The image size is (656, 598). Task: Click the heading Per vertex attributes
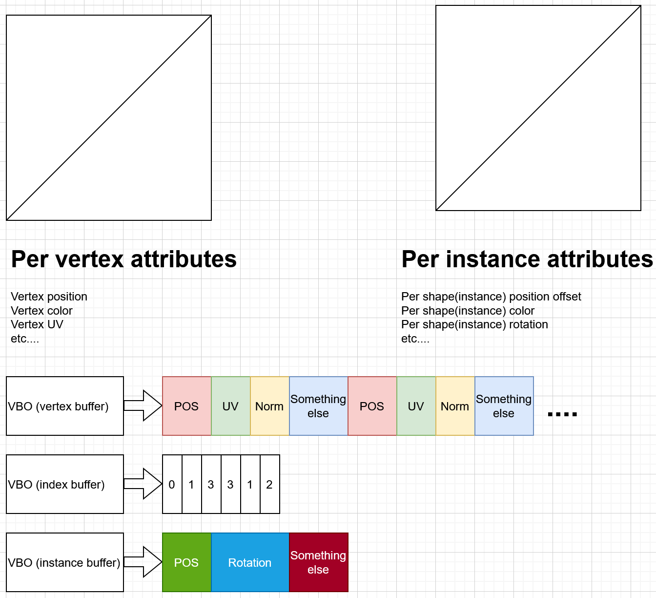[x=123, y=259]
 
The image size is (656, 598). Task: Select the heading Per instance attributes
[x=527, y=259]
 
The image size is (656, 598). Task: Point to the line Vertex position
[x=49, y=297]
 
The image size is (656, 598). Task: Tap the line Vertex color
[x=41, y=311]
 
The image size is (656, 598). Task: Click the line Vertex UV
[x=37, y=324]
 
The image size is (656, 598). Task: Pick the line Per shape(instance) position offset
[x=491, y=297]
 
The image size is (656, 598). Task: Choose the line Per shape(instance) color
[x=468, y=311]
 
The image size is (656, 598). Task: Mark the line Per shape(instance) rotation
[x=474, y=324]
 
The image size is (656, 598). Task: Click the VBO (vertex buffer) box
[x=64, y=406]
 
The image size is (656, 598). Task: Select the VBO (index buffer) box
[x=64, y=484]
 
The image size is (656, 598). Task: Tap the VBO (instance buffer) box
[x=64, y=562]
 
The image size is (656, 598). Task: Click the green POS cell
[x=186, y=562]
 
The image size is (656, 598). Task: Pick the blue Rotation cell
[x=250, y=562]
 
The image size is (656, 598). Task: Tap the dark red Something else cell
[x=318, y=562]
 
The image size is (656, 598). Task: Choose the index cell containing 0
[x=172, y=484]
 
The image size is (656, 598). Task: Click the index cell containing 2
[x=269, y=484]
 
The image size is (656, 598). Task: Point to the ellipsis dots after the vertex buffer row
[x=562, y=414]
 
